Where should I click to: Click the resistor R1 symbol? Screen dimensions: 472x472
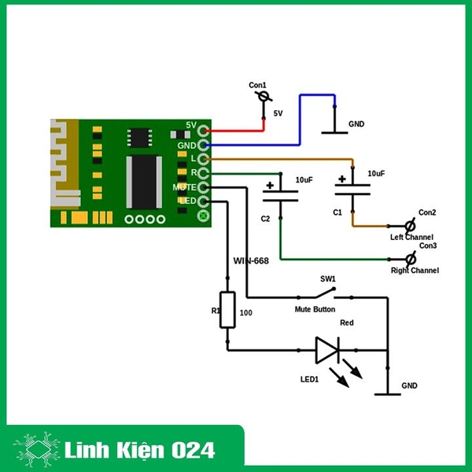pyautogui.click(x=227, y=309)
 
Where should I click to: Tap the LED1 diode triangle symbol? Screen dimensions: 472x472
pyautogui.click(x=327, y=350)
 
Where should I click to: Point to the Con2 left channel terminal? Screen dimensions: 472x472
pyautogui.click(x=408, y=226)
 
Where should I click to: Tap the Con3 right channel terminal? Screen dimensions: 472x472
pyautogui.click(x=409, y=259)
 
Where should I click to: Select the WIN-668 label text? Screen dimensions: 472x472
pyautogui.click(x=252, y=260)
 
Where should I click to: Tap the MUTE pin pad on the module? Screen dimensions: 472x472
pyautogui.click(x=205, y=187)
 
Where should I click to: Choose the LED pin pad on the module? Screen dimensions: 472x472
pyautogui.click(x=205, y=201)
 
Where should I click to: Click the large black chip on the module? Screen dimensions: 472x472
pyautogui.click(x=144, y=182)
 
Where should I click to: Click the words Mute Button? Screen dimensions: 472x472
pyautogui.click(x=315, y=310)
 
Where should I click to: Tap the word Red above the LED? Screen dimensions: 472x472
pyautogui.click(x=346, y=323)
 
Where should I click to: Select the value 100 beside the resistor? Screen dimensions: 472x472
pyautogui.click(x=245, y=313)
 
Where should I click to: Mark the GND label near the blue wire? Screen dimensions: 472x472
pyautogui.click(x=356, y=124)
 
